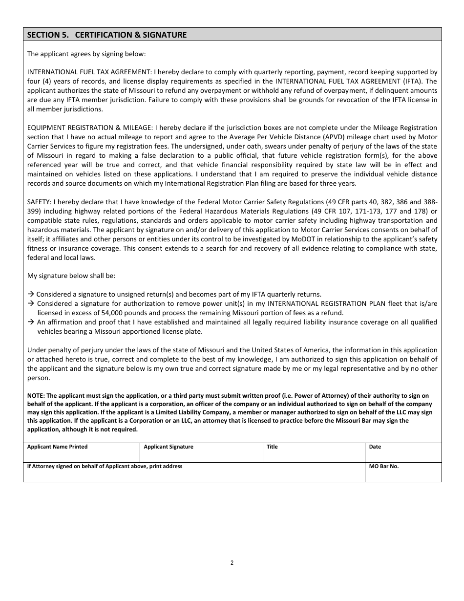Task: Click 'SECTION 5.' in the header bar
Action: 48,35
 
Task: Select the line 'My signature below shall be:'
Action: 71,276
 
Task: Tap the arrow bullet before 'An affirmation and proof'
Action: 30,322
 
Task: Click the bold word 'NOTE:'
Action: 36,396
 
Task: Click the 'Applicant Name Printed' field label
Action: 57,447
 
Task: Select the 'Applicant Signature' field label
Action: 169,447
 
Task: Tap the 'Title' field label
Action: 272,447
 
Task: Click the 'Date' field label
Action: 375,447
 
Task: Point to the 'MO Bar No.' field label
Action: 384,466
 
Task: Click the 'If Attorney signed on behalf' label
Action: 105,466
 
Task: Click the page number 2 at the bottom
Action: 232,562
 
